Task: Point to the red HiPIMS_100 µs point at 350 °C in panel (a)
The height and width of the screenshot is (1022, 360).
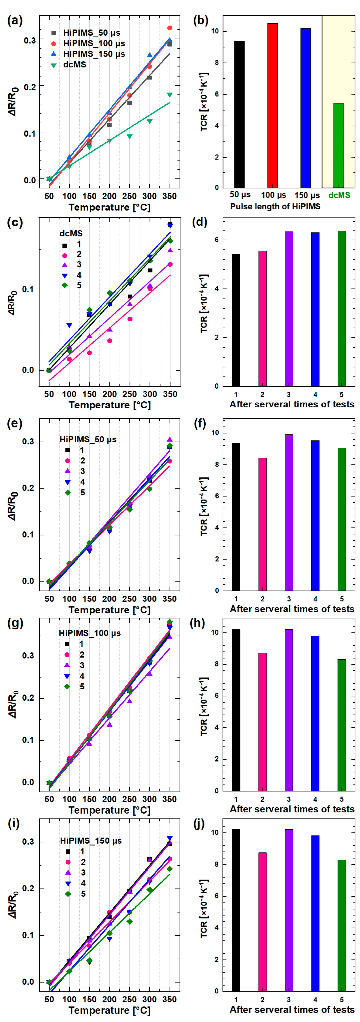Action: click(x=169, y=28)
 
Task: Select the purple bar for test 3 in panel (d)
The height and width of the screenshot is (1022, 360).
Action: click(x=289, y=308)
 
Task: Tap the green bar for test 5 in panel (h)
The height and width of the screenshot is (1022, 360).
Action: click(x=341, y=725)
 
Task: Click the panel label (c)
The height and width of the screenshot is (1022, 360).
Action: click(x=15, y=222)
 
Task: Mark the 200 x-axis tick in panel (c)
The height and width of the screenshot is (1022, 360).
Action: click(x=110, y=394)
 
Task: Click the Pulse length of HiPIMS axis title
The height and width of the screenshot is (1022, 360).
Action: click(x=275, y=206)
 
